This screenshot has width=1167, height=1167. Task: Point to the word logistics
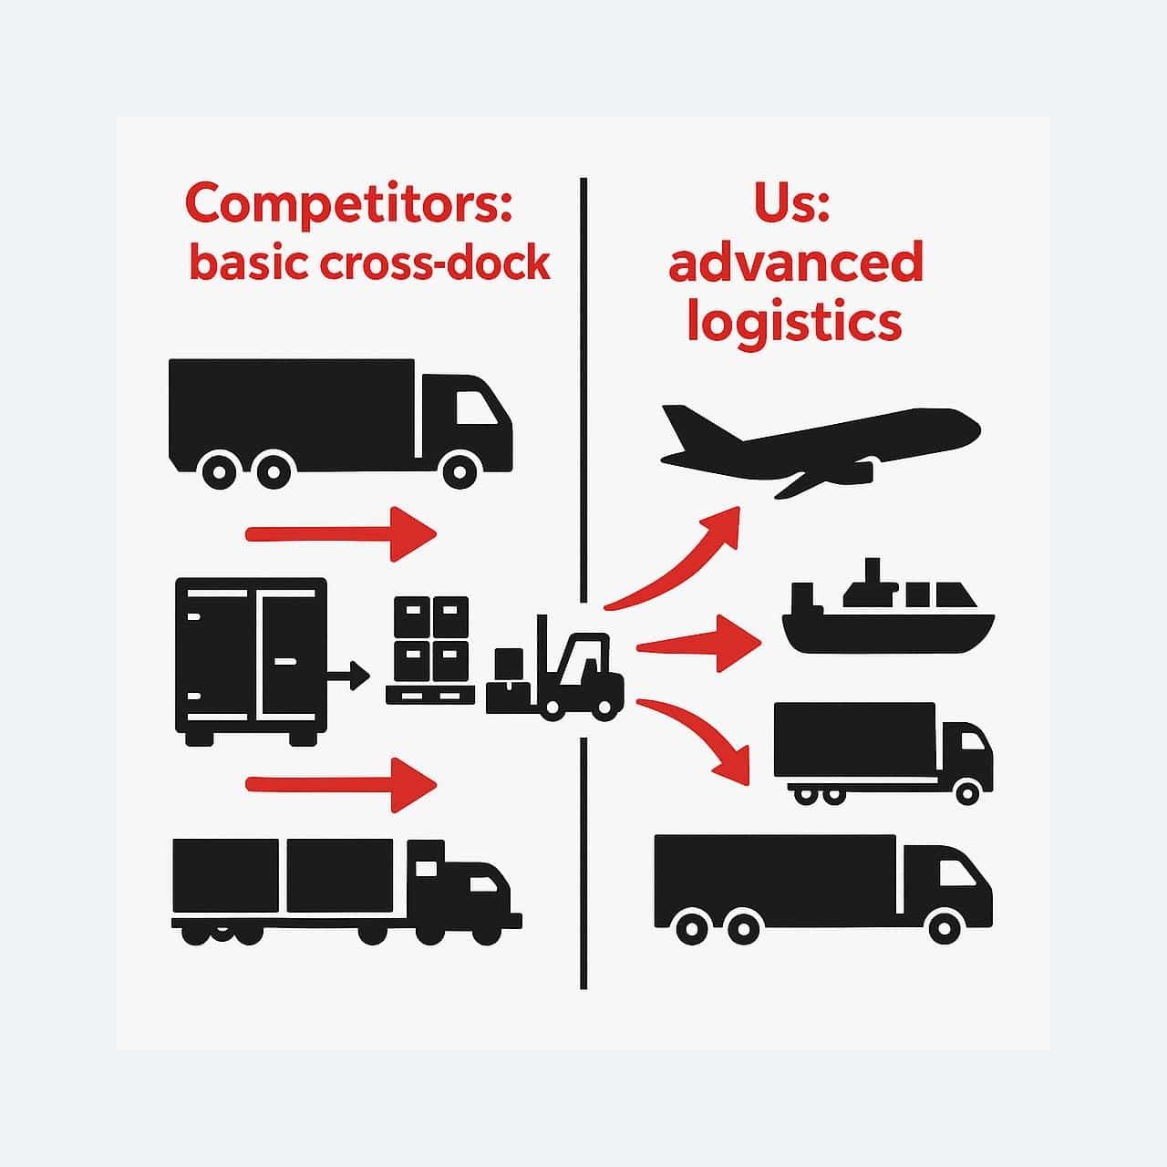(794, 323)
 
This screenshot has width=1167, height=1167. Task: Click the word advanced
(796, 263)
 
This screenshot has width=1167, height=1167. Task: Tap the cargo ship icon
(887, 616)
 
